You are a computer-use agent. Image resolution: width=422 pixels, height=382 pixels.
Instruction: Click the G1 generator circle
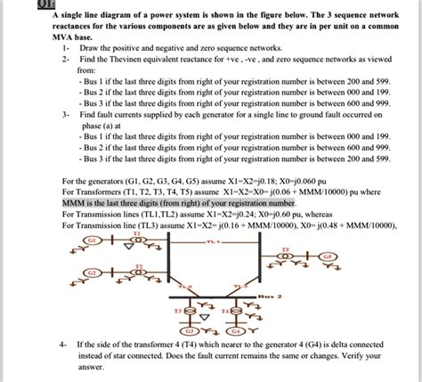pos(92,240)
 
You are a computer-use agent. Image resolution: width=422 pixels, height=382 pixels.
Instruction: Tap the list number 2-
pos(66,60)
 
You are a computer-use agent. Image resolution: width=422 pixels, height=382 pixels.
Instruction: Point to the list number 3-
pos(66,116)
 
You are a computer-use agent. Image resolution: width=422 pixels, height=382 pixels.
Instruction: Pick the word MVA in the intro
pos(65,39)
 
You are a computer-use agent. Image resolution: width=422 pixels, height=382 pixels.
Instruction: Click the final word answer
pos(92,366)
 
